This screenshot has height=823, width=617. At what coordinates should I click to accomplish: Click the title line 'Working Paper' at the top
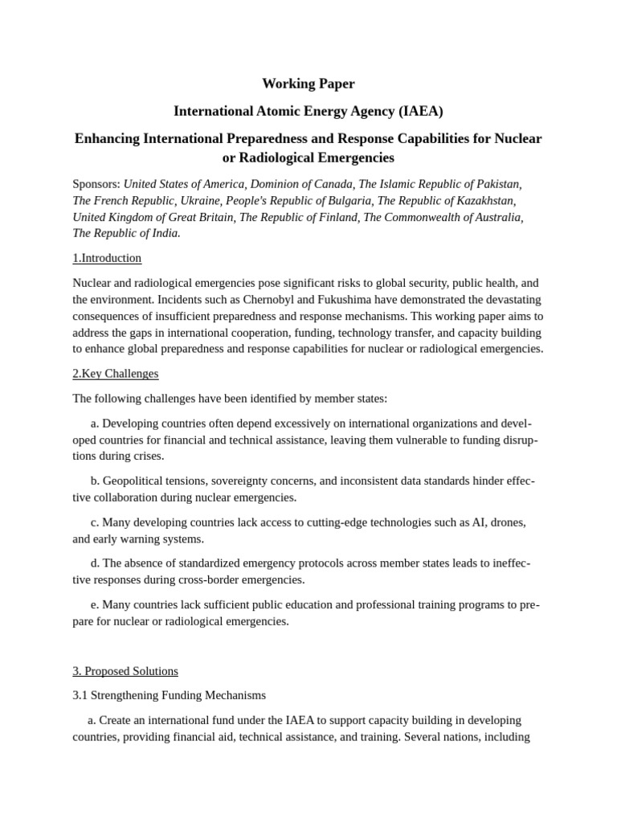[x=308, y=84]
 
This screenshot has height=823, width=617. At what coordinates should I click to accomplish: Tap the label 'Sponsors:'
[x=96, y=184]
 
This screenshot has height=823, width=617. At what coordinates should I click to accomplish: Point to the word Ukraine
[x=198, y=201]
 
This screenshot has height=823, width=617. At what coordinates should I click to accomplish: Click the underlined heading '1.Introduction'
[x=107, y=258]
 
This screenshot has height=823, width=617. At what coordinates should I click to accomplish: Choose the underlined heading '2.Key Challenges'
[x=116, y=374]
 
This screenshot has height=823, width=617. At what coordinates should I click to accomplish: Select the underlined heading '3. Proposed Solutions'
[x=125, y=671]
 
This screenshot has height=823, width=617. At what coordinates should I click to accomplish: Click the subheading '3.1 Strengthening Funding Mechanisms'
[x=169, y=695]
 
